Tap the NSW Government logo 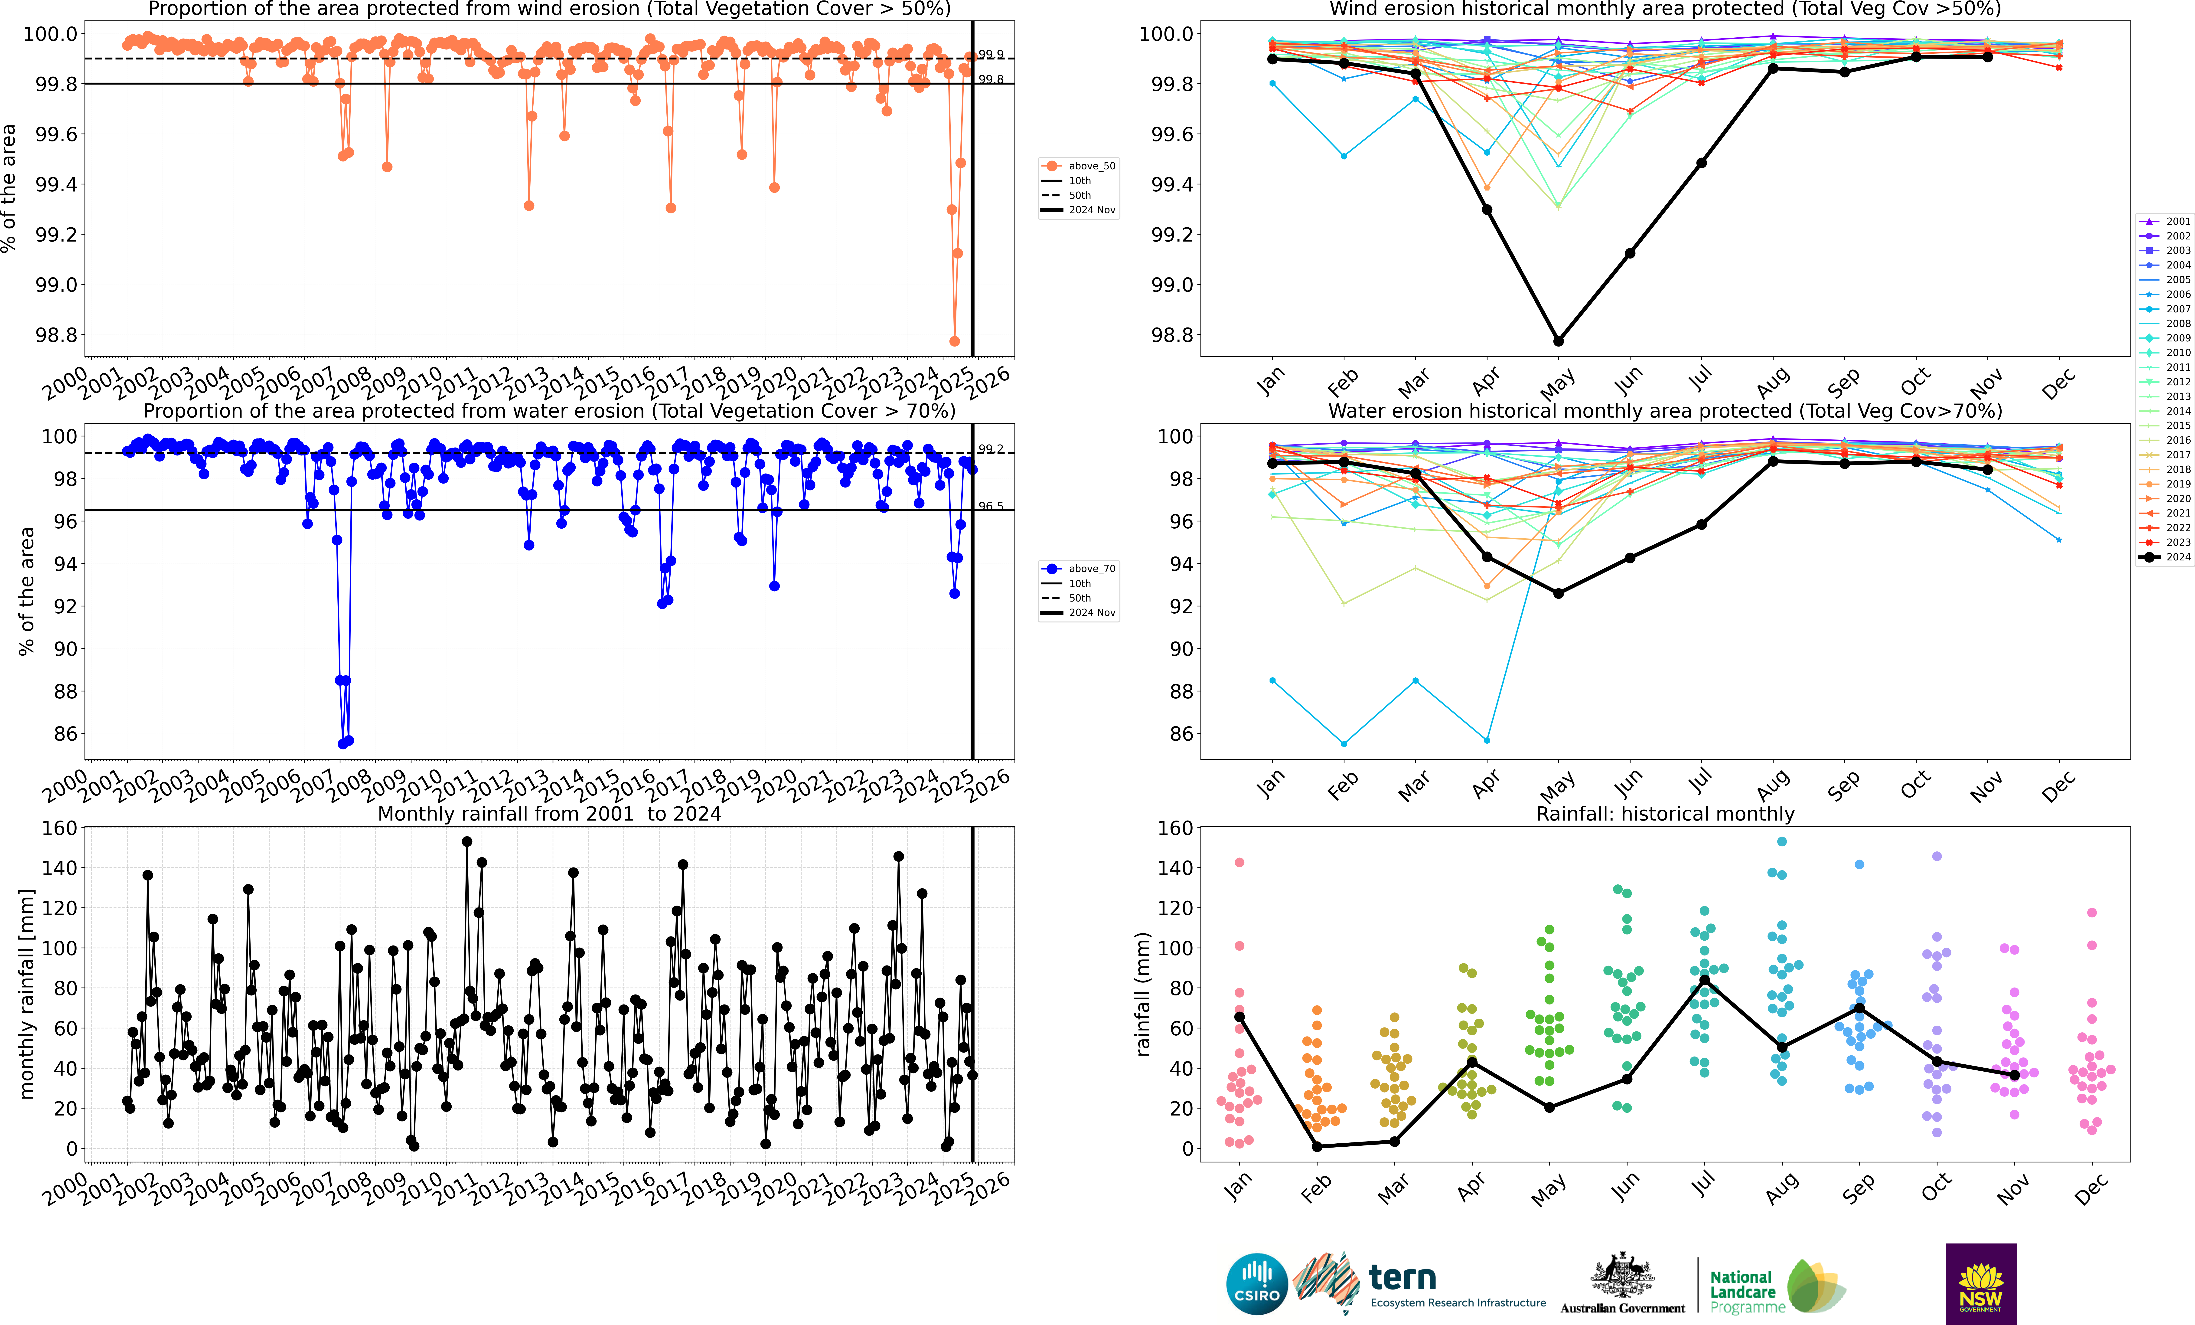(x=1980, y=1284)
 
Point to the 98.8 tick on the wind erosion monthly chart (x=1171, y=335)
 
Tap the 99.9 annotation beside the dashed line (x=991, y=54)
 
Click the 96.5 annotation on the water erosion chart (x=991, y=506)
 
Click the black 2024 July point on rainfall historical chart (x=1704, y=980)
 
